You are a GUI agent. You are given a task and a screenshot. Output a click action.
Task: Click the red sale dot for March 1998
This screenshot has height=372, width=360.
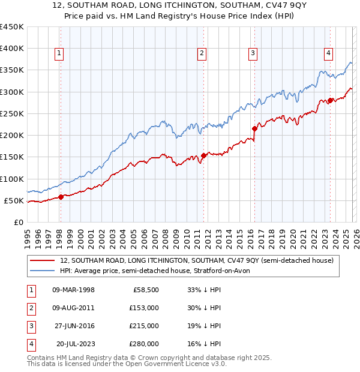pos(61,197)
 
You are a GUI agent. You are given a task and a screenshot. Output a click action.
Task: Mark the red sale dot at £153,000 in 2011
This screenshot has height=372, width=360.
pos(203,156)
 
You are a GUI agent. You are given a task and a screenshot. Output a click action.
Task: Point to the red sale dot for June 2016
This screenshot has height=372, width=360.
pos(254,128)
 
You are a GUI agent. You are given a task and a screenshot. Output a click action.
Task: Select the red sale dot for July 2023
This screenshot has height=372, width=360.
pos(330,101)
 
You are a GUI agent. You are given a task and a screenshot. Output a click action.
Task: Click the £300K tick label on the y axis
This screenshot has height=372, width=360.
pos(11,92)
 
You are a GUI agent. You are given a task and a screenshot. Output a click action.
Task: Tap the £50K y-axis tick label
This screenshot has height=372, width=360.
pos(14,200)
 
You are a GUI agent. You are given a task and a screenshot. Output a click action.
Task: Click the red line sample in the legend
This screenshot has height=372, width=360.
pos(42,260)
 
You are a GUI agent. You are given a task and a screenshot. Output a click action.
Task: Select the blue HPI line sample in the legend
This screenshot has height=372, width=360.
pos(42,271)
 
